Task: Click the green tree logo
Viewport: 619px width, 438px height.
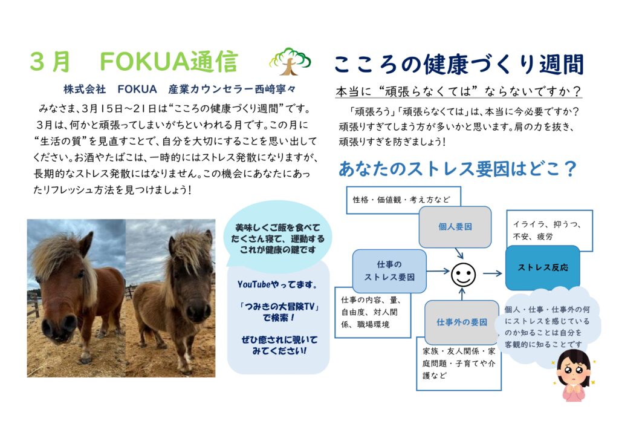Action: pyautogui.click(x=290, y=61)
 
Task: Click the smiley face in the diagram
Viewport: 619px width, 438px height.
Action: pyautogui.click(x=463, y=275)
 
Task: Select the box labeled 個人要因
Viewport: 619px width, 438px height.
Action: pyautogui.click(x=455, y=227)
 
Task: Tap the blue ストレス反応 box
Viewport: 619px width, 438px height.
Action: pyautogui.click(x=543, y=267)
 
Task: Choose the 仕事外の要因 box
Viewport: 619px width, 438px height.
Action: pyautogui.click(x=461, y=322)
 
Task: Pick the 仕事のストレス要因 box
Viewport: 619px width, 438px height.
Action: pyautogui.click(x=389, y=270)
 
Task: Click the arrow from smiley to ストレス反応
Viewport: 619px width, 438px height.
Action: pyautogui.click(x=492, y=273)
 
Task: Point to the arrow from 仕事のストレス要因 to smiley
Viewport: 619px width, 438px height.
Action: pyautogui.click(x=438, y=271)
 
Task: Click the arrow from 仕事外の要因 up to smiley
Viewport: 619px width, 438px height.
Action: pyautogui.click(x=462, y=294)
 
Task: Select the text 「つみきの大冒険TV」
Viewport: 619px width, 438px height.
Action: pyautogui.click(x=279, y=307)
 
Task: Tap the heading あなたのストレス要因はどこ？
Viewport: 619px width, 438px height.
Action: pyautogui.click(x=458, y=169)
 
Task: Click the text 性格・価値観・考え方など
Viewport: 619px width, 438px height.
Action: pyautogui.click(x=401, y=200)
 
